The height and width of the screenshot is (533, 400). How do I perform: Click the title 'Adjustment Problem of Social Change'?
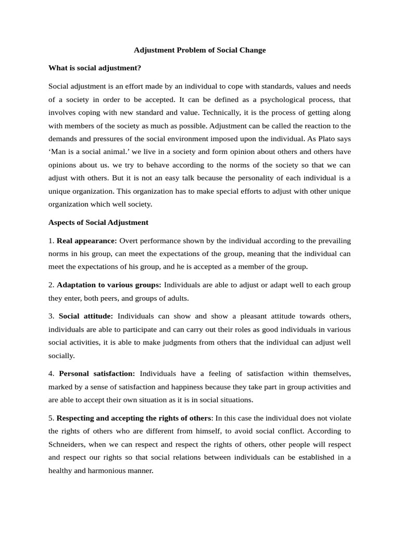(x=200, y=50)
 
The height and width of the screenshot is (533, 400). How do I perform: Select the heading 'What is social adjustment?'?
(x=95, y=68)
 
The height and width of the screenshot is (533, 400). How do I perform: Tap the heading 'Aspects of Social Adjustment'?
(x=98, y=222)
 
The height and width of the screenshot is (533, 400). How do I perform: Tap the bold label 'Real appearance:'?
(x=87, y=240)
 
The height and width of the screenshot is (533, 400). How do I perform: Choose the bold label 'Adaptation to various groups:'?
(x=109, y=285)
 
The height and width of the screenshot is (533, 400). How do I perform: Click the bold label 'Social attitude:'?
(x=86, y=316)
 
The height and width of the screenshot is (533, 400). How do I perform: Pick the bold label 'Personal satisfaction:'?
(x=97, y=373)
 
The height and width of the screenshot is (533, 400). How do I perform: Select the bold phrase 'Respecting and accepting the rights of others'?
(x=134, y=417)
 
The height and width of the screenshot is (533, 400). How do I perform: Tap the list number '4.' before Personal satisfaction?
(x=52, y=373)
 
